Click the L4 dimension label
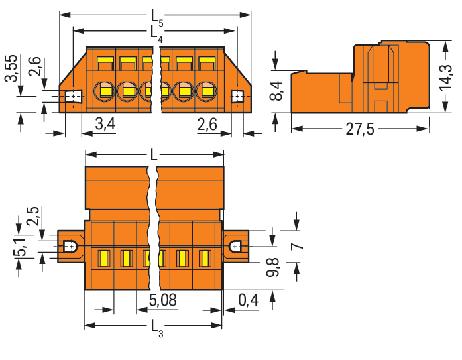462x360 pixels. click(x=156, y=34)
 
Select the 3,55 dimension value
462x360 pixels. click(x=12, y=68)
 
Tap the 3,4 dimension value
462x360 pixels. click(x=105, y=124)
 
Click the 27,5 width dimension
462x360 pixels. click(x=360, y=129)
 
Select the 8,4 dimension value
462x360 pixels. click(x=276, y=91)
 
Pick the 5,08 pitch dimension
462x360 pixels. click(x=162, y=300)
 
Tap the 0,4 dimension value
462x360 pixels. click(x=248, y=300)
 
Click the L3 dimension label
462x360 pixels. click(x=156, y=328)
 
